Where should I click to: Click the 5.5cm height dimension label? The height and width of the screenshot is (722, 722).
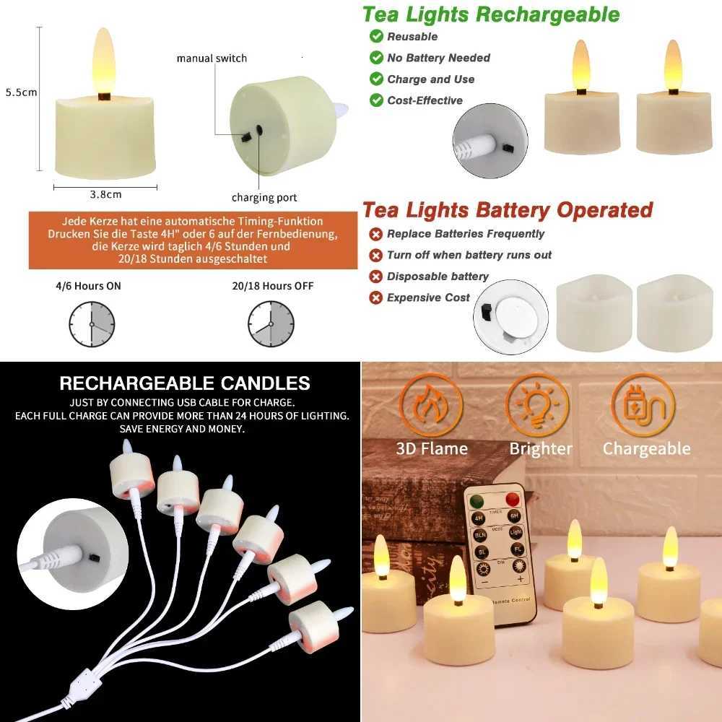click(x=21, y=92)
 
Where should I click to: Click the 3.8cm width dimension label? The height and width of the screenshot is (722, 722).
click(x=105, y=193)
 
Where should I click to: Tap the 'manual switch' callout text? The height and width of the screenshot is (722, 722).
click(x=212, y=58)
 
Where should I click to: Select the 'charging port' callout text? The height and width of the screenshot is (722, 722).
click(x=264, y=197)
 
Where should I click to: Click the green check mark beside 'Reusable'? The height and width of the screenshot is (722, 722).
click(x=376, y=36)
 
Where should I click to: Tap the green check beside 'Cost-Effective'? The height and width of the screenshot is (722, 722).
click(x=376, y=100)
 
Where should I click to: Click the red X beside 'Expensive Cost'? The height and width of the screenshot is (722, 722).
click(x=376, y=297)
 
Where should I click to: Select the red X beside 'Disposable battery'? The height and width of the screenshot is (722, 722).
click(x=376, y=277)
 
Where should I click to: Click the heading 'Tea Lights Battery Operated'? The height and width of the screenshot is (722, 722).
click(x=507, y=210)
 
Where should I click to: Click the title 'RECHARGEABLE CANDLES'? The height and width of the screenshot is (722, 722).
click(x=185, y=383)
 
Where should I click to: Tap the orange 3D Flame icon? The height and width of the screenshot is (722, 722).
click(x=431, y=405)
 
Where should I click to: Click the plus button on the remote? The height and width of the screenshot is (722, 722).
click(x=518, y=580)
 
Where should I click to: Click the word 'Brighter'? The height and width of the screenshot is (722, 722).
click(x=541, y=448)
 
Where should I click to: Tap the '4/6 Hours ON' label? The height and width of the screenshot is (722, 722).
click(x=88, y=286)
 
